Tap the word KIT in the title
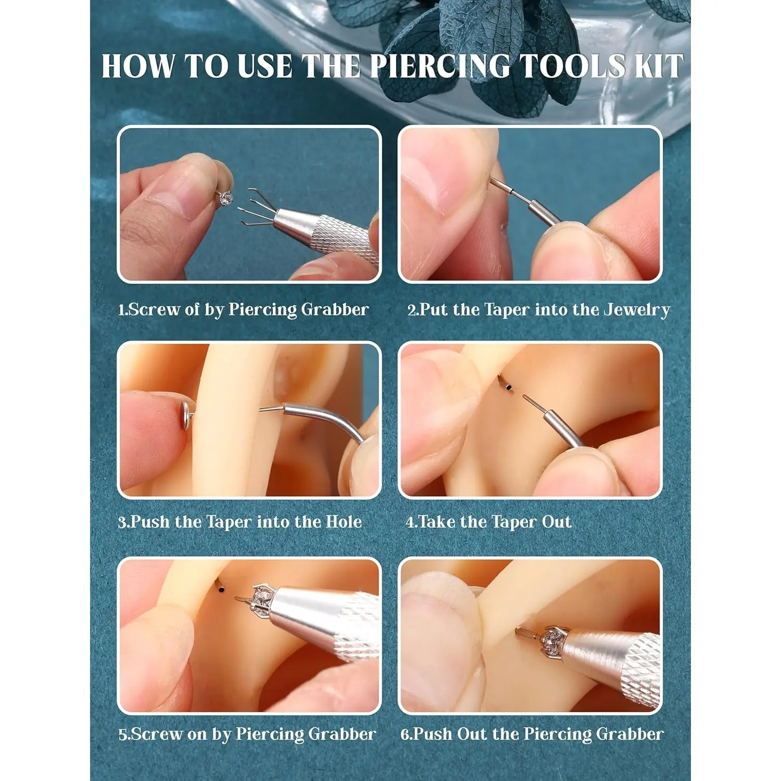pos(658,66)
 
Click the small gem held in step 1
pos(226,198)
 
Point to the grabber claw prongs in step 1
pos(257,208)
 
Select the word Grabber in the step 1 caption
pos(335,310)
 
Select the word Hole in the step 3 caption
pos(344,522)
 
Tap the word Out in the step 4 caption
pos(557,522)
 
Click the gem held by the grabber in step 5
pos(261,598)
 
